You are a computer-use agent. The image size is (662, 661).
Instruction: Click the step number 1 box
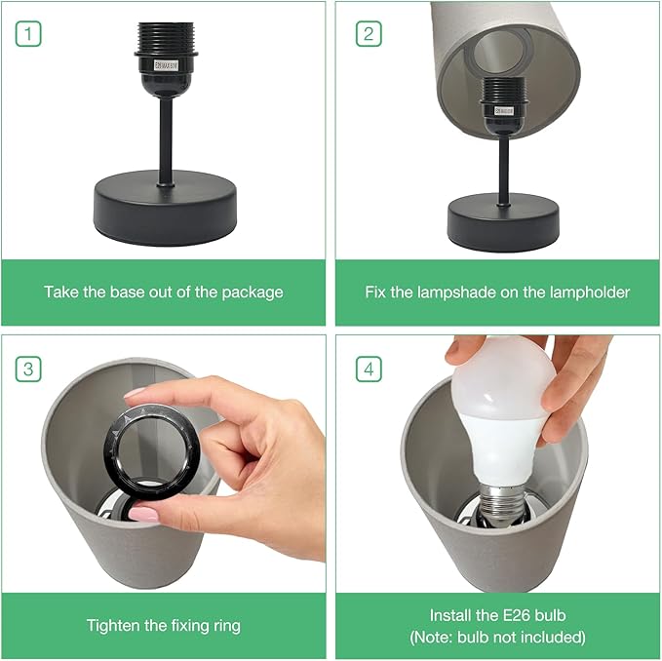point(28,34)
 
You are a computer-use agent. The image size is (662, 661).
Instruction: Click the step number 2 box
point(369,34)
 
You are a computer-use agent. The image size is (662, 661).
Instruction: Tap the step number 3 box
point(28,369)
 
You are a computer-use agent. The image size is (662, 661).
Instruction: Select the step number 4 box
point(369,369)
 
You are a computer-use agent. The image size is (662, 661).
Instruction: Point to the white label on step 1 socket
point(167,65)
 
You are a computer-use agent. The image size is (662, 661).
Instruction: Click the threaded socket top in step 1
point(167,37)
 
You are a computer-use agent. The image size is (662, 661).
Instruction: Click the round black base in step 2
point(503,222)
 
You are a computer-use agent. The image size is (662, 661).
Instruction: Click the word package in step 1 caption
point(253,292)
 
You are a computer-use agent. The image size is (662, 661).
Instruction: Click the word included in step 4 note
point(557,637)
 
